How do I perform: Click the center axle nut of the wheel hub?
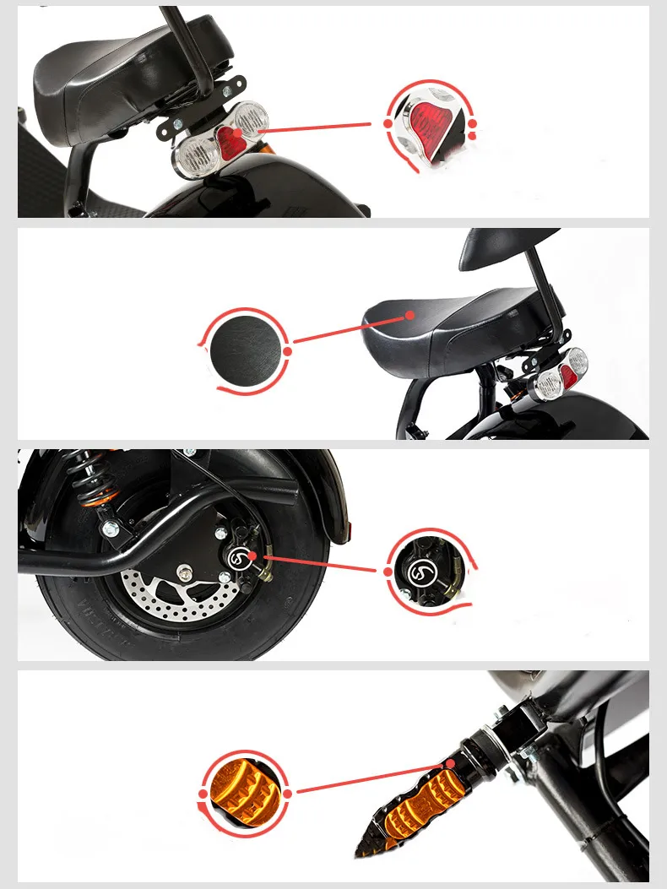tap(182, 574)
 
